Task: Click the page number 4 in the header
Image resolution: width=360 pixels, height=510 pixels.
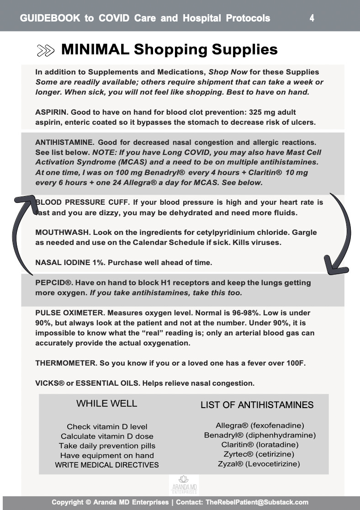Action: point(312,18)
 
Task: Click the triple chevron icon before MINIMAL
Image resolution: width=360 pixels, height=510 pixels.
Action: point(46,51)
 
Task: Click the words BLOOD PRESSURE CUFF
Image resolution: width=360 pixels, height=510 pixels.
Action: point(70,202)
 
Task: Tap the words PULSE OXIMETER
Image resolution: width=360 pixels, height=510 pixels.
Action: point(64,313)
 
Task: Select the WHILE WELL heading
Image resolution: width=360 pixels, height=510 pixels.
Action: point(106,404)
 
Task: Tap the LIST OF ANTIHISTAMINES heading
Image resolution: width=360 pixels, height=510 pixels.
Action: point(257,405)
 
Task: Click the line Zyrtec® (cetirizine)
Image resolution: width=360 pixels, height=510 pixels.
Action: point(259,454)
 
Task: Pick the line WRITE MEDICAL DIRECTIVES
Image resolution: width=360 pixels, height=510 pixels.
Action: point(107,465)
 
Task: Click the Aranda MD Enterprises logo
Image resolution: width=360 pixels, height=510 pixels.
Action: point(184,485)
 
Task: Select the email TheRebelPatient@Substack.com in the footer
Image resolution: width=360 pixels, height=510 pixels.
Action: point(257,502)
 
